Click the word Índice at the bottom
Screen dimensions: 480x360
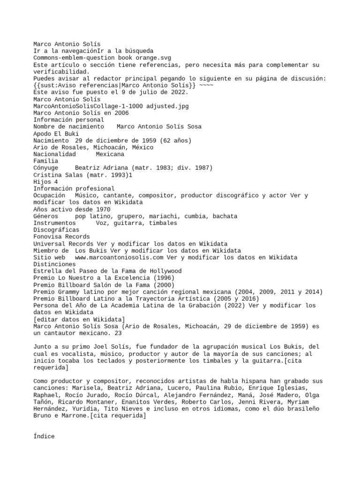[x=44, y=436]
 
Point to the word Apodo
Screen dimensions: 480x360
[x=42, y=134]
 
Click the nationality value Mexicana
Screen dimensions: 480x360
[x=110, y=154]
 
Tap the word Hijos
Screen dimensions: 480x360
[x=42, y=181]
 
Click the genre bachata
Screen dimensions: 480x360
[x=225, y=216]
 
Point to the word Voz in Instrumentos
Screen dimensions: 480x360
[x=102, y=223]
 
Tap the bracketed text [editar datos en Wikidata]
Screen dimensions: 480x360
[x=79, y=319]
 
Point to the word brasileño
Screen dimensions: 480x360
[x=303, y=409]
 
